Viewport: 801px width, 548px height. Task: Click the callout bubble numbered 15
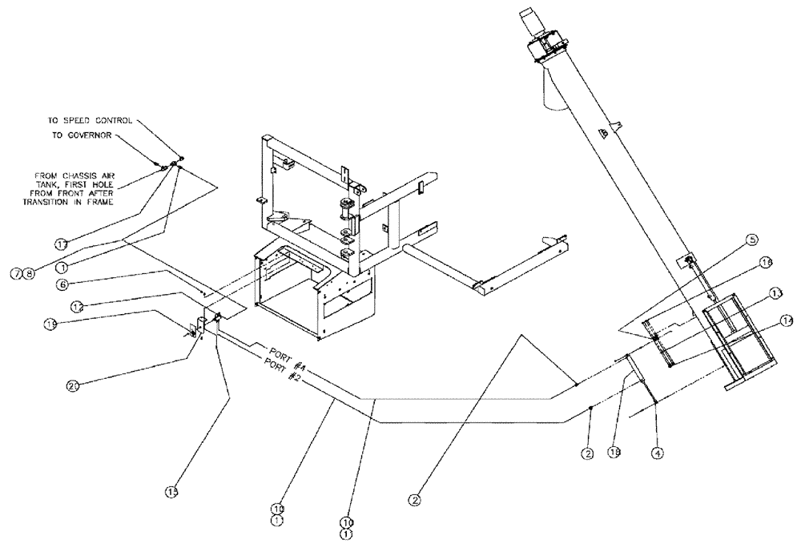pos(171,491)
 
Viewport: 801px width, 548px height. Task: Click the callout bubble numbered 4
pos(657,453)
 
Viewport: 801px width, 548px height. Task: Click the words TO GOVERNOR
pos(81,136)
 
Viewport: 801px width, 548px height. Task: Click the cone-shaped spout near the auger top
pos(552,88)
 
